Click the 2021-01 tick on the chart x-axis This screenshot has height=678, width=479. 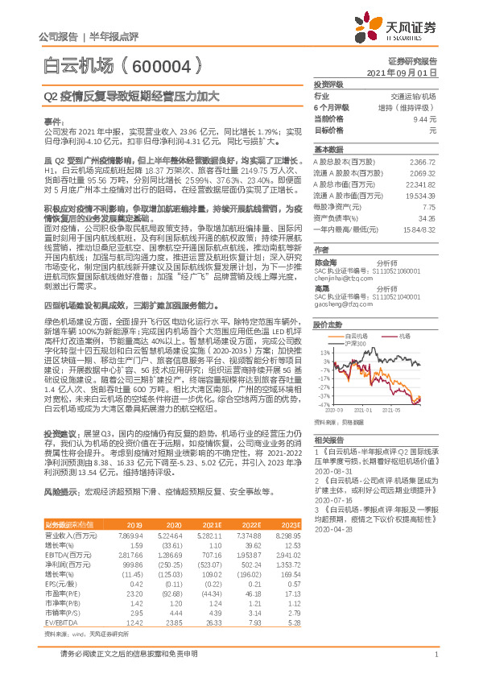pyautogui.click(x=376, y=409)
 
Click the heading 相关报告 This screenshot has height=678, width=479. pyautogui.click(x=328, y=440)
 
